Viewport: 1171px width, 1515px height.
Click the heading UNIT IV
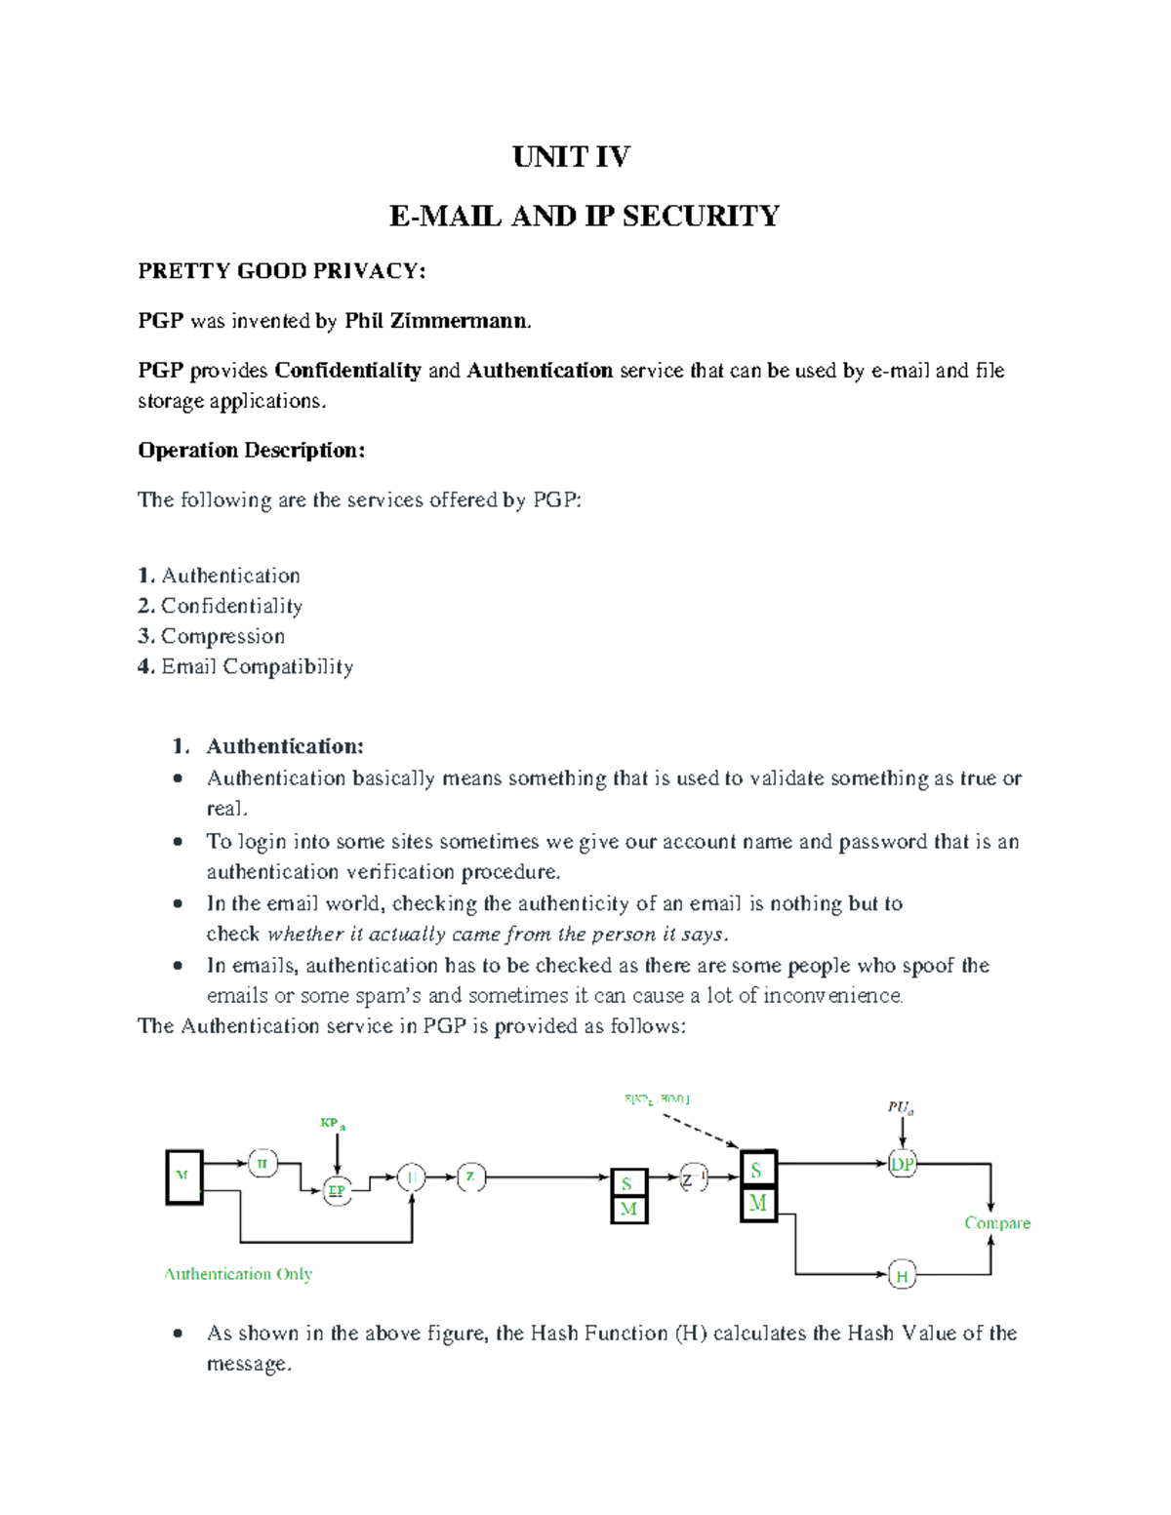pyautogui.click(x=571, y=157)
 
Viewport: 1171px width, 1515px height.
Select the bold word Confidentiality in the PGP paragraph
pyautogui.click(x=347, y=371)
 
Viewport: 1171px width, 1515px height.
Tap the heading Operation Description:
pyautogui.click(x=251, y=450)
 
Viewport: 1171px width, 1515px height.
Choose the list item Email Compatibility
pyautogui.click(x=256, y=666)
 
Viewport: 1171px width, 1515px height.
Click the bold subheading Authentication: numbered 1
pyautogui.click(x=284, y=746)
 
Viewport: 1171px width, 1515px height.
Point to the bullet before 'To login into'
pyautogui.click(x=178, y=841)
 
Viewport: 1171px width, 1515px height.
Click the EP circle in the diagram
pyautogui.click(x=337, y=1191)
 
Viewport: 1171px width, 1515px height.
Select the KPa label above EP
pyautogui.click(x=333, y=1124)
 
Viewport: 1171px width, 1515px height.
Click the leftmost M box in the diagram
pyautogui.click(x=183, y=1177)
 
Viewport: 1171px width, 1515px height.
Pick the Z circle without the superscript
pyautogui.click(x=470, y=1176)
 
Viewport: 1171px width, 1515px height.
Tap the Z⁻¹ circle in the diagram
pyautogui.click(x=693, y=1178)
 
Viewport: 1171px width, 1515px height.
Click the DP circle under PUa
pyautogui.click(x=903, y=1164)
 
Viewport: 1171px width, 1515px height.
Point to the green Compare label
pyautogui.click(x=996, y=1222)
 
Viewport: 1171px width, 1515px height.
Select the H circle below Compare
pyautogui.click(x=903, y=1275)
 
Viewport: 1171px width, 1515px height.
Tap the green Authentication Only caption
pyautogui.click(x=238, y=1274)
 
